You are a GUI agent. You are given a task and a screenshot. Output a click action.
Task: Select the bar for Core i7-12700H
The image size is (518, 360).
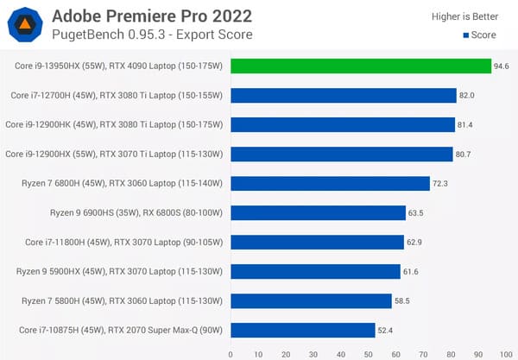(343, 96)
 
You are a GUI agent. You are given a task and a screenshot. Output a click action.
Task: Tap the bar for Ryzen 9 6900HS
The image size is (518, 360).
(318, 212)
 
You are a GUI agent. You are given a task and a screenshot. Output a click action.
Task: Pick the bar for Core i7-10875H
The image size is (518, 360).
(303, 330)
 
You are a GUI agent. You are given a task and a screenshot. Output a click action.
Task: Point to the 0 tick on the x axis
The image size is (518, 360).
(231, 354)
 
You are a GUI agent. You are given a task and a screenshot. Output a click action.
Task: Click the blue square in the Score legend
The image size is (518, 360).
(466, 36)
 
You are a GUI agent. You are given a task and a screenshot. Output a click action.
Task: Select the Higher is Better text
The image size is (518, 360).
(466, 16)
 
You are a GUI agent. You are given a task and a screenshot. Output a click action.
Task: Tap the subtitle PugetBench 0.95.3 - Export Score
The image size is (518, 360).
(154, 35)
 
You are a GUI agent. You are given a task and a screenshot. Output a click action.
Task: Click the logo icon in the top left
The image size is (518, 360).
(26, 25)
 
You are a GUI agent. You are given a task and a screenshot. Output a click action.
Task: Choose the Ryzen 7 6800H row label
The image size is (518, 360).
(122, 184)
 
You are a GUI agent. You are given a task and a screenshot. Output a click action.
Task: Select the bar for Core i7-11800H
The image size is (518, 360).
(317, 242)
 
